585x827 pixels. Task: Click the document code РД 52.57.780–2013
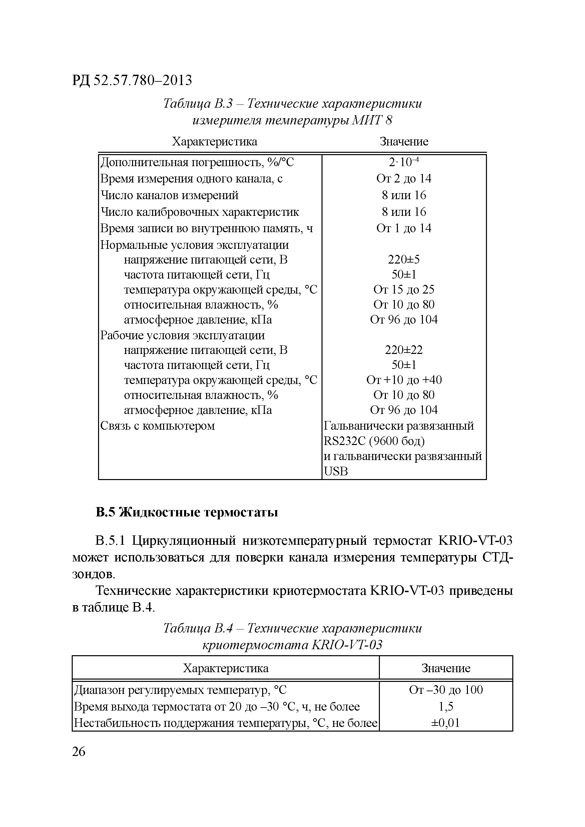click(132, 80)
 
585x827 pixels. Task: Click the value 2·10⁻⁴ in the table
click(404, 162)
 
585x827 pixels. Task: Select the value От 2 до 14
click(404, 178)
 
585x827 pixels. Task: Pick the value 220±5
click(404, 260)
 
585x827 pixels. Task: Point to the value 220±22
click(404, 350)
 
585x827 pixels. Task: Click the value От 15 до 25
click(404, 289)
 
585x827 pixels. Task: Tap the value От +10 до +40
click(404, 380)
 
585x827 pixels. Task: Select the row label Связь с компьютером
click(157, 426)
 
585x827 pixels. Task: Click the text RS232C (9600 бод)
click(374, 441)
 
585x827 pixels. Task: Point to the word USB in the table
click(336, 471)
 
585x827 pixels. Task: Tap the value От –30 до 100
click(446, 690)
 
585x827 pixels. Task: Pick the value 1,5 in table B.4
click(446, 707)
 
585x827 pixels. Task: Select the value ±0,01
click(446, 723)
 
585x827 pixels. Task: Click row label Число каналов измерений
click(169, 195)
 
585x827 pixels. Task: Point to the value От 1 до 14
click(404, 228)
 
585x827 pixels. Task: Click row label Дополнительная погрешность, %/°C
click(197, 162)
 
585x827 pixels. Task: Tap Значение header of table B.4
click(446, 669)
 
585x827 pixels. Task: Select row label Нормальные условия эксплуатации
click(194, 245)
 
